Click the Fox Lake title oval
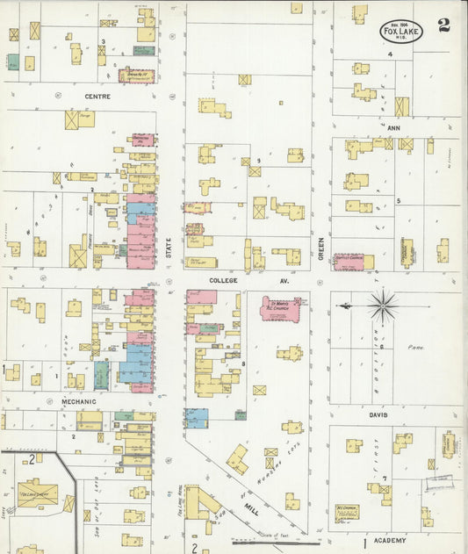401,32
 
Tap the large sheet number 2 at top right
443,25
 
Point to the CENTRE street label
97,96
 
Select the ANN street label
392,127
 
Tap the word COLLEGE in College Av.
223,281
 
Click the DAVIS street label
378,414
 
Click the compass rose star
382,306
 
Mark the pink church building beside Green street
349,262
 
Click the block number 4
389,54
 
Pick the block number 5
398,201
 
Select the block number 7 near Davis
384,478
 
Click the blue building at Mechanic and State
196,417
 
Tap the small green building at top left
13,62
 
